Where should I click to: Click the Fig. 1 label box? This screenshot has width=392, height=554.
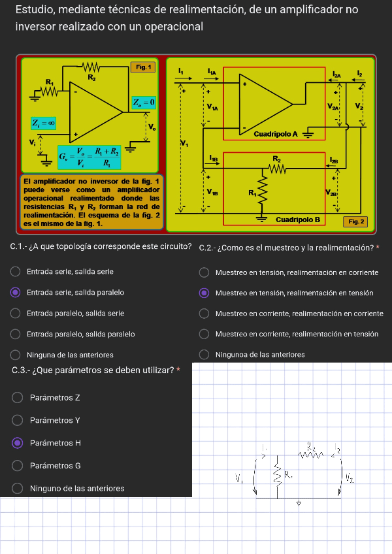click(143, 67)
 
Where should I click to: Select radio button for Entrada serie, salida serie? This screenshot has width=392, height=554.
click(15, 271)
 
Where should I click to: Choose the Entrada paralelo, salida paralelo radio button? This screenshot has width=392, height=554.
click(15, 334)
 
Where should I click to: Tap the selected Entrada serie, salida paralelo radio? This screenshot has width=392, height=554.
click(15, 292)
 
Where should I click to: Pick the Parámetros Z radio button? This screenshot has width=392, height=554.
click(18, 397)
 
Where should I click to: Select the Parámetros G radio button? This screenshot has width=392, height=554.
click(18, 466)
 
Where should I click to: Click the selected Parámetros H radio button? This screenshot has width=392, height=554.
click(18, 443)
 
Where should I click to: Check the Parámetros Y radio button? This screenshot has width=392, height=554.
click(18, 420)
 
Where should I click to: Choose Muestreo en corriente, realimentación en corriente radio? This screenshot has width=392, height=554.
click(204, 314)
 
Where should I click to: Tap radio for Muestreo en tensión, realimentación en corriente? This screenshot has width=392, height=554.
click(204, 272)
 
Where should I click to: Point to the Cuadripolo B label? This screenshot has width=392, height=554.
click(297, 220)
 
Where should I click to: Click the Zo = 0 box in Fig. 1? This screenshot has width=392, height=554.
click(144, 102)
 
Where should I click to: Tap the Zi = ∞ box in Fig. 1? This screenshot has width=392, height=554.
click(43, 122)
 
